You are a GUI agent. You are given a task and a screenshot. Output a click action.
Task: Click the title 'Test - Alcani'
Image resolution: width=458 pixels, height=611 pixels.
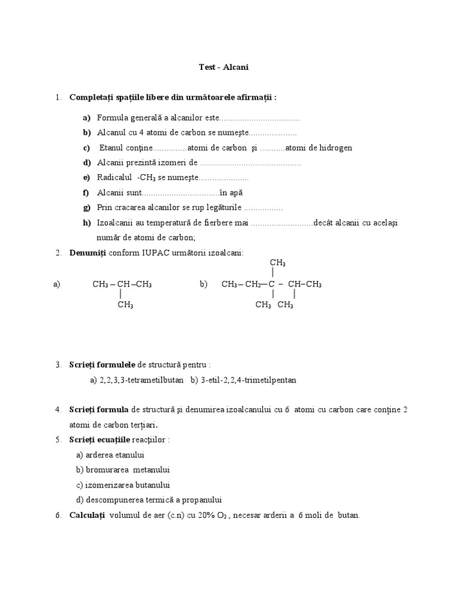click(x=223, y=67)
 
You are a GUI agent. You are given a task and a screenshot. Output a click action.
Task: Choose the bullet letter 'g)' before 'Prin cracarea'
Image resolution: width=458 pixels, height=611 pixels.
click(x=87, y=207)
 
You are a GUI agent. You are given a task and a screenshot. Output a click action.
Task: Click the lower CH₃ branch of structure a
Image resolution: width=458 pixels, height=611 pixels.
click(x=125, y=304)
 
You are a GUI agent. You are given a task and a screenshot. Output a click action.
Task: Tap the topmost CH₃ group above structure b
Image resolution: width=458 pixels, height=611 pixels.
click(x=277, y=263)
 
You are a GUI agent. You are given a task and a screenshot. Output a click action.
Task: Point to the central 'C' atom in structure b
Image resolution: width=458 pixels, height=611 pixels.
click(x=271, y=284)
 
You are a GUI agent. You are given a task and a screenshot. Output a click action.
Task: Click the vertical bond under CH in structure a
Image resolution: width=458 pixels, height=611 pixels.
click(x=121, y=294)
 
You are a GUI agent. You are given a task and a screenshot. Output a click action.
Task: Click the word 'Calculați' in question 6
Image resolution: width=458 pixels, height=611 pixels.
click(x=87, y=514)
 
